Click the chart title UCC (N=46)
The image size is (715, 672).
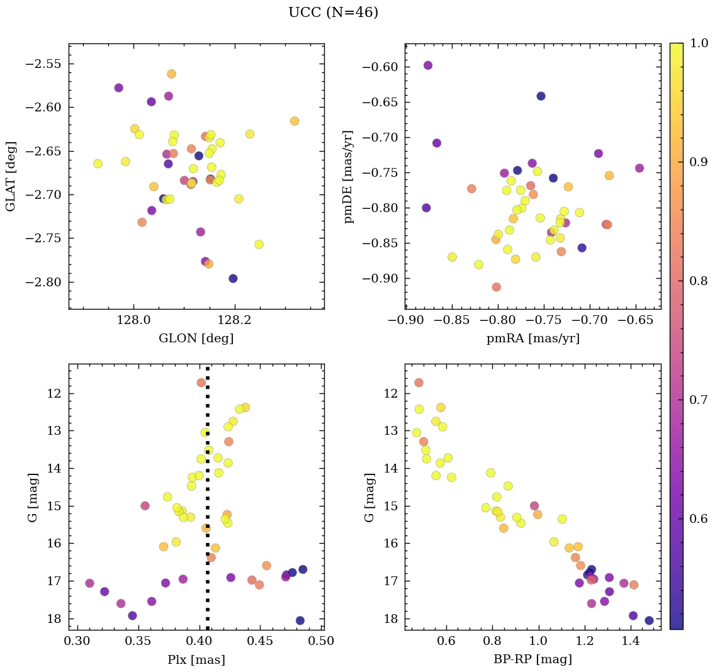333,13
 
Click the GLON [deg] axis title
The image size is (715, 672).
196,339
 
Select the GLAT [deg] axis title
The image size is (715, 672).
11,176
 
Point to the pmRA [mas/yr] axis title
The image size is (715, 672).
532,339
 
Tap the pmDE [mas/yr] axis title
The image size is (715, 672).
348,177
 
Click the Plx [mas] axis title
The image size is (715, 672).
196,659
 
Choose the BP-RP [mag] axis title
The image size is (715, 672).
532,659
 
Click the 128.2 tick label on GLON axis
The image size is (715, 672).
235,320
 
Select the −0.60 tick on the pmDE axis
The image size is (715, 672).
382,67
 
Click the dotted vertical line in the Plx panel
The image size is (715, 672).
208,503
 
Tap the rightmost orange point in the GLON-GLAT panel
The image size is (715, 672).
295,121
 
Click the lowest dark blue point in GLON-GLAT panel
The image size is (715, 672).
233,278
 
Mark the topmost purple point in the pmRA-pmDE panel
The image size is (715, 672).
428,65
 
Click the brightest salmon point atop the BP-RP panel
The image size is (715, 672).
419,383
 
